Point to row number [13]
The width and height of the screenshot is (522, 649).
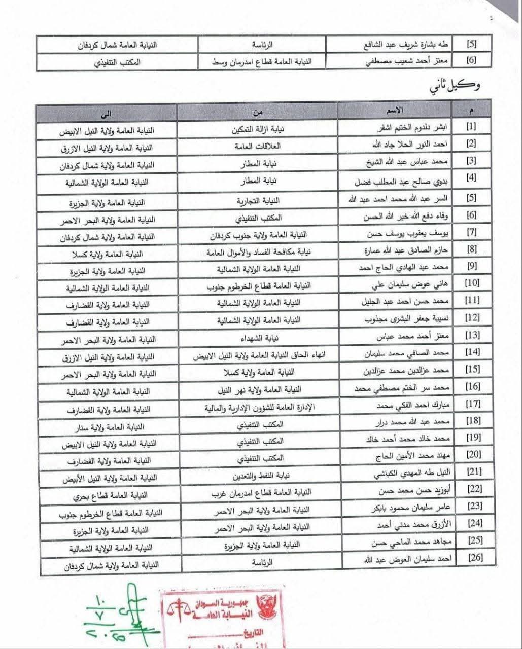[472, 337]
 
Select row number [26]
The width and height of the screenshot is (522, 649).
[475, 558]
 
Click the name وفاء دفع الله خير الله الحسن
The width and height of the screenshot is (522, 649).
[400, 217]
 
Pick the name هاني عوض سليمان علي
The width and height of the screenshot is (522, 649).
[398, 285]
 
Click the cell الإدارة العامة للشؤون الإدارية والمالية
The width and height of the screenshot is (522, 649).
[259, 407]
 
